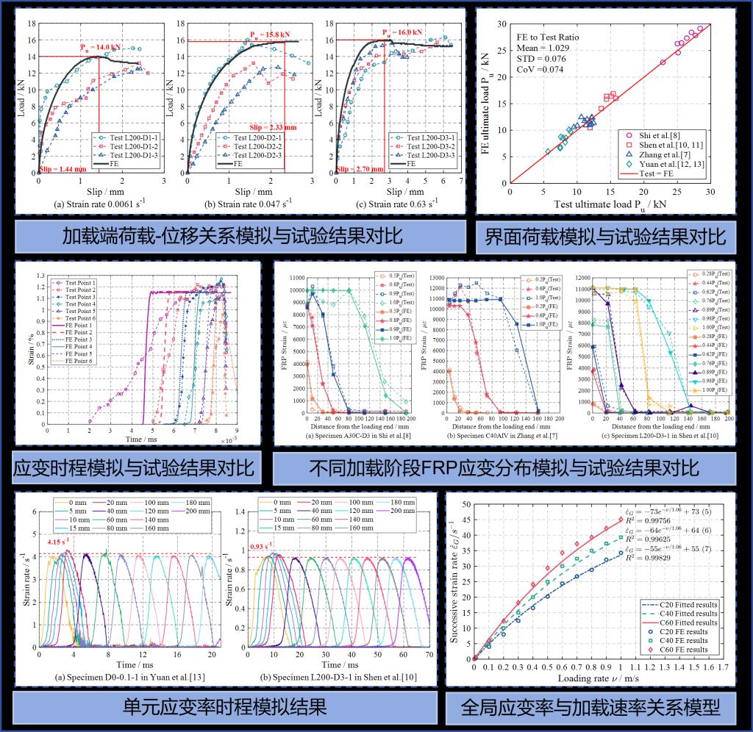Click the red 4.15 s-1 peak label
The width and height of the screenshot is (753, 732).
coord(62,542)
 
